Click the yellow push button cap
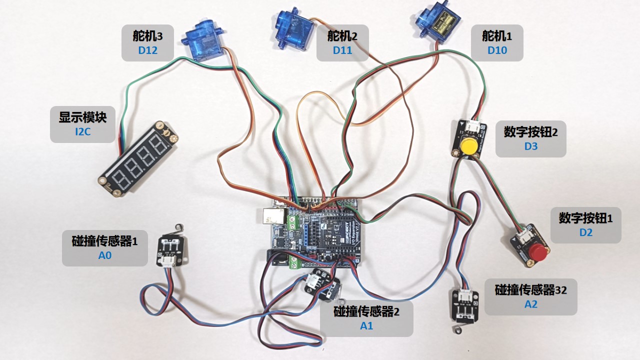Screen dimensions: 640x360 (x=469, y=146)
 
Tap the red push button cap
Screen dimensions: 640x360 (x=537, y=252)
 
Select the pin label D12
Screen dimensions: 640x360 (x=147, y=50)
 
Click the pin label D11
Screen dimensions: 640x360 (x=342, y=50)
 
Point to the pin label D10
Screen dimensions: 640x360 (x=497, y=50)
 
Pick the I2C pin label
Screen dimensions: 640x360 (x=82, y=131)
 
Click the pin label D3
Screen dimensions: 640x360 (x=531, y=146)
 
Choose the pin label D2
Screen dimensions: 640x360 (x=585, y=232)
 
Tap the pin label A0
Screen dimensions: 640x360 (x=105, y=255)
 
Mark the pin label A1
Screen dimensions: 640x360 (x=366, y=325)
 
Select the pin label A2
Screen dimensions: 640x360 (x=531, y=304)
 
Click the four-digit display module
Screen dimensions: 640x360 (x=138, y=159)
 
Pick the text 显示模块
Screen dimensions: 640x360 (x=82, y=117)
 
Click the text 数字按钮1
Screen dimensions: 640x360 (x=585, y=218)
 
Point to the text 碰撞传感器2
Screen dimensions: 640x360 (x=366, y=311)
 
